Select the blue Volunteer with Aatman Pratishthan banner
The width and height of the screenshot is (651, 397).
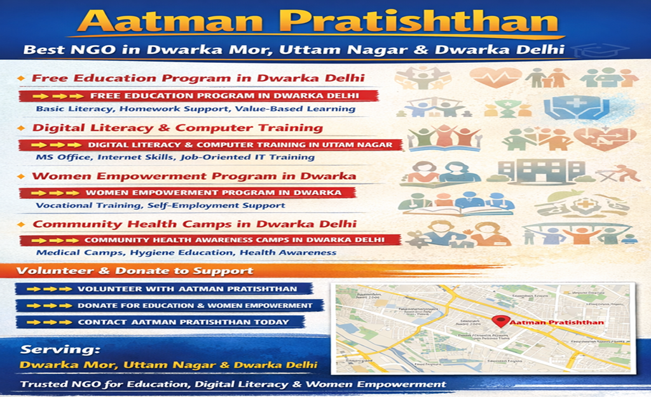(164, 289)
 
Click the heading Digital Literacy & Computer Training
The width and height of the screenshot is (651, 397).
(177, 128)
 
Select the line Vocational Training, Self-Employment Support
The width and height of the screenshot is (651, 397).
(160, 205)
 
